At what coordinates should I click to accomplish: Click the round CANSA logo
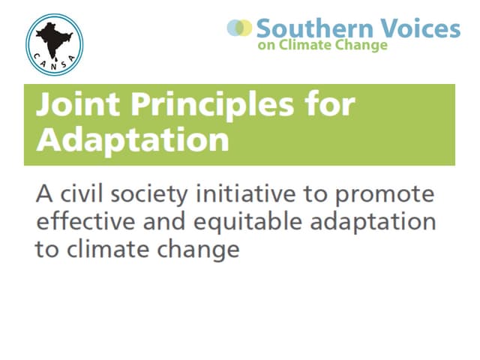(55, 39)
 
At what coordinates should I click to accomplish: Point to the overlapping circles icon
(240, 28)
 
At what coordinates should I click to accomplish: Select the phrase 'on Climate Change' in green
(322, 45)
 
